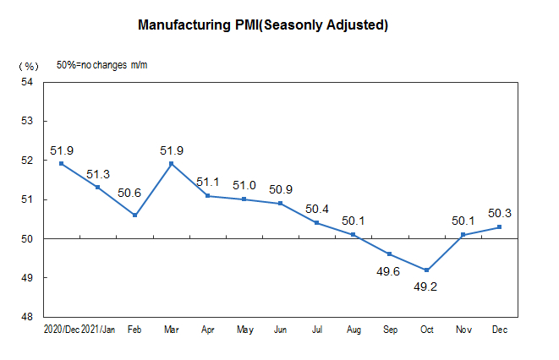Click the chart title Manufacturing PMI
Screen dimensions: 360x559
pyautogui.click(x=263, y=25)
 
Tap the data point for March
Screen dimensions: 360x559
pyautogui.click(x=172, y=164)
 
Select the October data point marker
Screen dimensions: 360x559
pyautogui.click(x=426, y=270)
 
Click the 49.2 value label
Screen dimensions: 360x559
pyautogui.click(x=426, y=287)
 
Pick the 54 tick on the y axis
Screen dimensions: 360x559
pyautogui.click(x=26, y=82)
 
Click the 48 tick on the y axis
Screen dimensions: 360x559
pyautogui.click(x=26, y=317)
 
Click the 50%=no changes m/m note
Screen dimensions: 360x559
pyautogui.click(x=96, y=65)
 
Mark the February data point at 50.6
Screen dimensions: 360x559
pyautogui.click(x=134, y=215)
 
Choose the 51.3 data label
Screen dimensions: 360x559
pyautogui.click(x=98, y=175)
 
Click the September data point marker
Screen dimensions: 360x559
pyautogui.click(x=390, y=254)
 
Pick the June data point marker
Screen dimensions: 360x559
pyautogui.click(x=281, y=204)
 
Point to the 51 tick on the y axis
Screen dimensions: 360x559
pyautogui.click(x=26, y=199)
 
